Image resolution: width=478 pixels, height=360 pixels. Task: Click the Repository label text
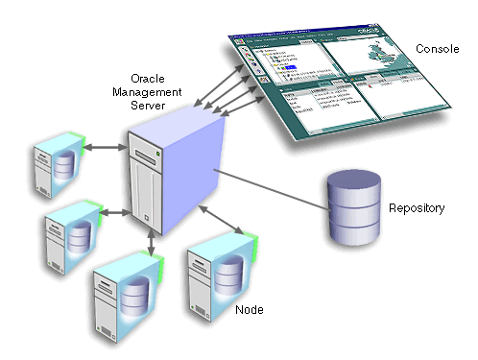tap(416, 208)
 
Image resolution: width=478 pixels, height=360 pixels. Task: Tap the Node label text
tap(250, 310)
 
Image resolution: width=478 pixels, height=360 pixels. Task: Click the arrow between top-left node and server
tap(107, 148)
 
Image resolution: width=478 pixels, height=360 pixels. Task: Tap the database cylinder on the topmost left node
tap(62, 166)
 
